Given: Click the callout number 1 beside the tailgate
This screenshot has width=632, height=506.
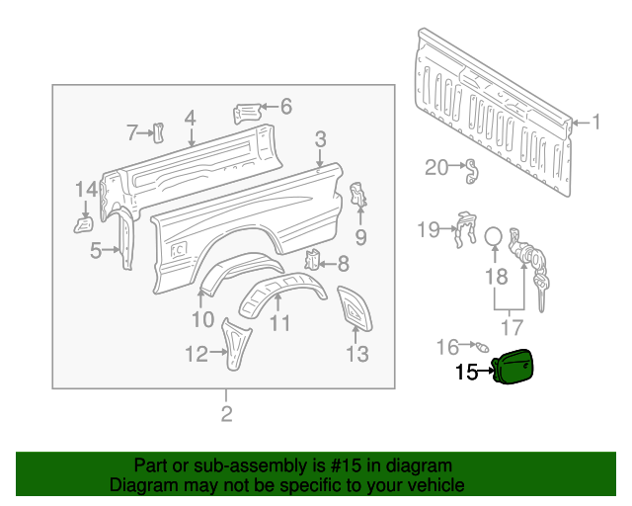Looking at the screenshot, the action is (x=595, y=123).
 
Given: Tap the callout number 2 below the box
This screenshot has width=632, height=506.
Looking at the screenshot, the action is (x=226, y=414).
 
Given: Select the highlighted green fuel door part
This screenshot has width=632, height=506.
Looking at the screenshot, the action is (x=514, y=367).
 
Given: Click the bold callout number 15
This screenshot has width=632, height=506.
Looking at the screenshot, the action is (x=465, y=373).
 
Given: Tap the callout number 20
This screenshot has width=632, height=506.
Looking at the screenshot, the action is (x=436, y=167).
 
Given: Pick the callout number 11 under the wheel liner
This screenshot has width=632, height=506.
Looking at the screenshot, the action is (x=280, y=322).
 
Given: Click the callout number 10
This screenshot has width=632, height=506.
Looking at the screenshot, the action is (x=201, y=318).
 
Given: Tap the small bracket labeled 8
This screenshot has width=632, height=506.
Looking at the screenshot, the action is (x=314, y=261).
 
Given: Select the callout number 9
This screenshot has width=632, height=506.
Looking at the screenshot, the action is (x=360, y=236).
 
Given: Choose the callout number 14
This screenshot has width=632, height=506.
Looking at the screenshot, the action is (x=87, y=189).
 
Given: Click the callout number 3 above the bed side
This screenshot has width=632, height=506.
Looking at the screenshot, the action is (x=321, y=138).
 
